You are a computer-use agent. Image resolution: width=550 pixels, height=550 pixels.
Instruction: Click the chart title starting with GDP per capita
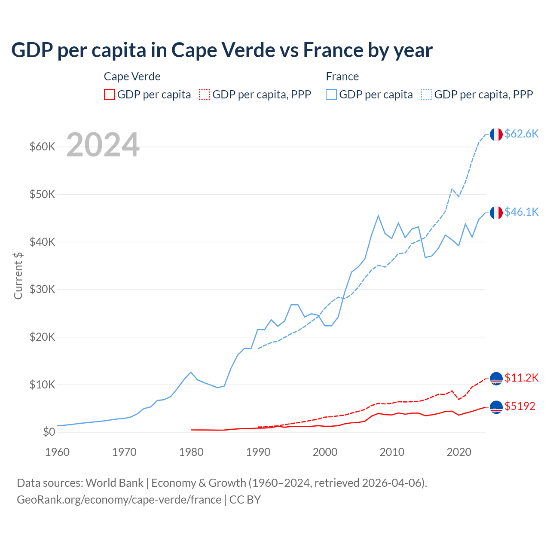[222, 50]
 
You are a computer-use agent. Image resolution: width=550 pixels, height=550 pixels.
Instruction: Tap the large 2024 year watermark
[103, 145]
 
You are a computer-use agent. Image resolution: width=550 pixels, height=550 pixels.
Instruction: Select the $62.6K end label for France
[521, 134]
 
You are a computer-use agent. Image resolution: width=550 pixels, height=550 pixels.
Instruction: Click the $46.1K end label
[521, 212]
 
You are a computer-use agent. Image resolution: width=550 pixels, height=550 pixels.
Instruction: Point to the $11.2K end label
[521, 378]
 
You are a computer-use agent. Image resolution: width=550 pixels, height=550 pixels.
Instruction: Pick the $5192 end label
[520, 406]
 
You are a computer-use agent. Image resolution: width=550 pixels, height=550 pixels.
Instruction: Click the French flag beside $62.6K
[496, 134]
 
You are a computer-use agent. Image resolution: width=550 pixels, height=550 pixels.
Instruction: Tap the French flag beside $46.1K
[496, 213]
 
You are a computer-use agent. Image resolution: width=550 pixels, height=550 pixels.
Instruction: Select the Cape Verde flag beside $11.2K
[496, 379]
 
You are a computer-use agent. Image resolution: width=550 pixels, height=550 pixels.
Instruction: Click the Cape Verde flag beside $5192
[496, 407]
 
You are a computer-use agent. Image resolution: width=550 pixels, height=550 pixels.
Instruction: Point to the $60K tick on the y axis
[43, 147]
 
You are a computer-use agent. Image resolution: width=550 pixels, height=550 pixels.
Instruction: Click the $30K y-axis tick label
[43, 290]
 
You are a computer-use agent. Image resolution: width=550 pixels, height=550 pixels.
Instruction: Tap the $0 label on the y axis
[49, 432]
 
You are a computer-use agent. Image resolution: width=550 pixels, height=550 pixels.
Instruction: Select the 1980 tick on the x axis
[191, 452]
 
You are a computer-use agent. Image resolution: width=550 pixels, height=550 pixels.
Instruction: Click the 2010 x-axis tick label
[392, 452]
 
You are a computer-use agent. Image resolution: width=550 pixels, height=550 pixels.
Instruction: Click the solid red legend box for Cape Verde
[110, 95]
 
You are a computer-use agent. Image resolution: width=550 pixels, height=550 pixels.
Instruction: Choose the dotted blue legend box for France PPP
[427, 95]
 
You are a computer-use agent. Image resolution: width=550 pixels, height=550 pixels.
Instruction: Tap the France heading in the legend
[342, 76]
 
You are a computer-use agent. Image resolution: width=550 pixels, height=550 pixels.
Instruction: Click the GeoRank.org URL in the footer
[119, 500]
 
